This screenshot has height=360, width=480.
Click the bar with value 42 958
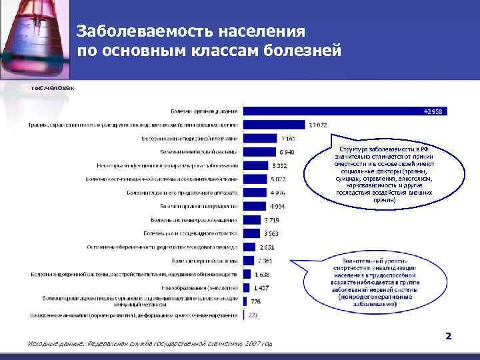347,111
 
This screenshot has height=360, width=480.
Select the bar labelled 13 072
274,125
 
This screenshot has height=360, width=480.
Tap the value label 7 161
288,139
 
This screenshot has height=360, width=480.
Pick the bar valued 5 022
255,179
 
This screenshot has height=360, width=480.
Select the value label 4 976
277,193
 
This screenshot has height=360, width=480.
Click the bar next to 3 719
251,219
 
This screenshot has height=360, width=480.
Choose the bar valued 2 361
248,260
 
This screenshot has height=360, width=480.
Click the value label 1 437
261,287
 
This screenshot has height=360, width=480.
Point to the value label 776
256,301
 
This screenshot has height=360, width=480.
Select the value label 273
253,315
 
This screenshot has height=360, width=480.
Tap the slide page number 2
448,336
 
